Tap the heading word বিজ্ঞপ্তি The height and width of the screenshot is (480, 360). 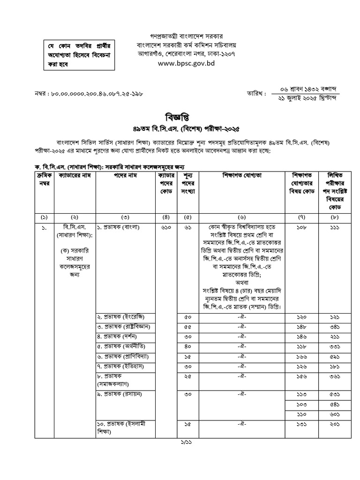point(180,116)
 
